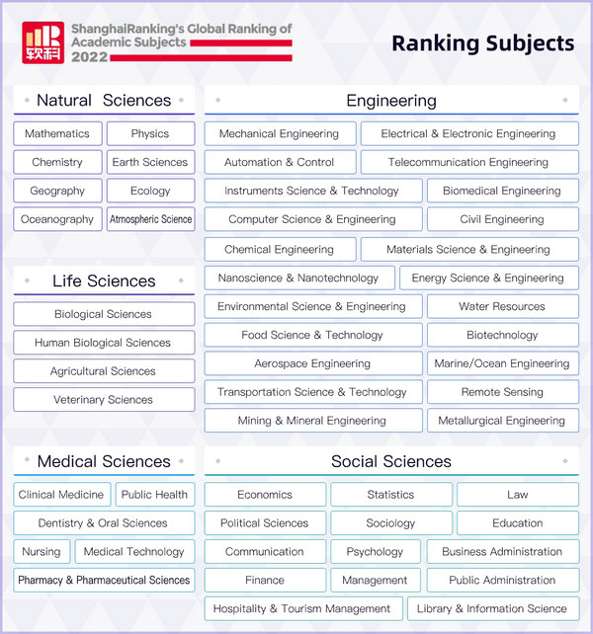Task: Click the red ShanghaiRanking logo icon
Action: click(x=43, y=41)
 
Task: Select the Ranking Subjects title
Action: click(x=482, y=42)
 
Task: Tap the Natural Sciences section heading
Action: click(x=104, y=101)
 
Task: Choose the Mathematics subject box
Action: click(x=56, y=134)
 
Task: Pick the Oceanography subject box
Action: click(x=57, y=219)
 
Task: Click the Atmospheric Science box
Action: click(x=151, y=219)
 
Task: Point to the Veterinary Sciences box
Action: click(x=104, y=400)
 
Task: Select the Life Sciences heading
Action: click(x=104, y=281)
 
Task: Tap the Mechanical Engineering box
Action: click(x=279, y=134)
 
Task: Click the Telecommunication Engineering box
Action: click(x=468, y=163)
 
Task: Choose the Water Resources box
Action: click(x=502, y=307)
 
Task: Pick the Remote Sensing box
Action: click(x=502, y=392)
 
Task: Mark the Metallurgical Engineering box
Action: click(x=502, y=421)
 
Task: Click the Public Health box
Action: click(x=154, y=495)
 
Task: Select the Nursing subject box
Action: click(x=42, y=552)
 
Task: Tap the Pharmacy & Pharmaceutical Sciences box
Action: click(x=104, y=581)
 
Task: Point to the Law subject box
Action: click(x=517, y=495)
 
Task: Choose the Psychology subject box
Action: click(x=375, y=552)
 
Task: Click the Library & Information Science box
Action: click(x=492, y=609)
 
